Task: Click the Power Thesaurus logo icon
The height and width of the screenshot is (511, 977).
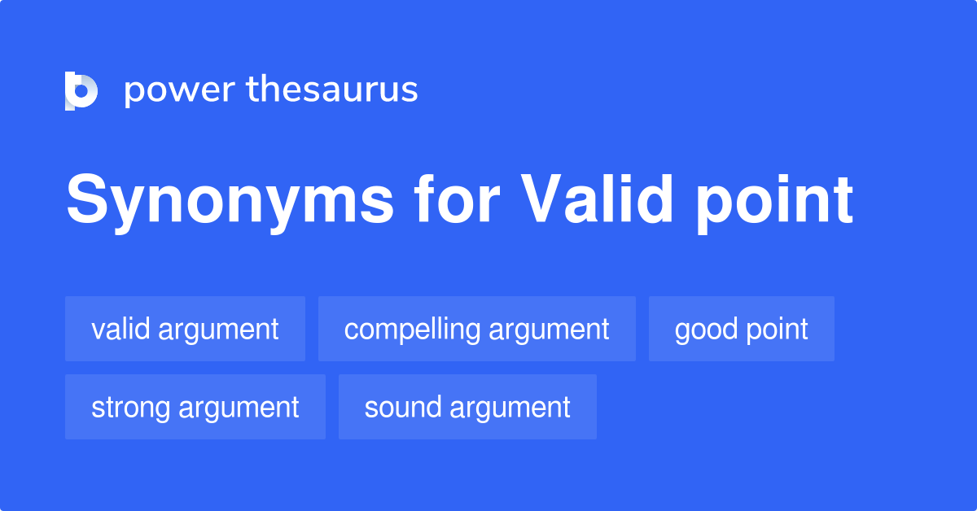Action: [x=81, y=90]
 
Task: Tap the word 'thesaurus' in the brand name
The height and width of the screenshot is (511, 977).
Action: [x=332, y=90]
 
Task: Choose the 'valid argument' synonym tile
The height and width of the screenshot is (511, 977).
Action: [x=185, y=329]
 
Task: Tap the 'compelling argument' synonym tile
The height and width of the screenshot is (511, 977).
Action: [x=476, y=329]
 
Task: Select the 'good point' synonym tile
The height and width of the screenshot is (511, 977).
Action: [x=741, y=329]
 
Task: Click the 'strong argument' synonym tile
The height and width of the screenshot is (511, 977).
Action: [x=195, y=407]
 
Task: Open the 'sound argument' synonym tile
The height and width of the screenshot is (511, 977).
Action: [x=467, y=407]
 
